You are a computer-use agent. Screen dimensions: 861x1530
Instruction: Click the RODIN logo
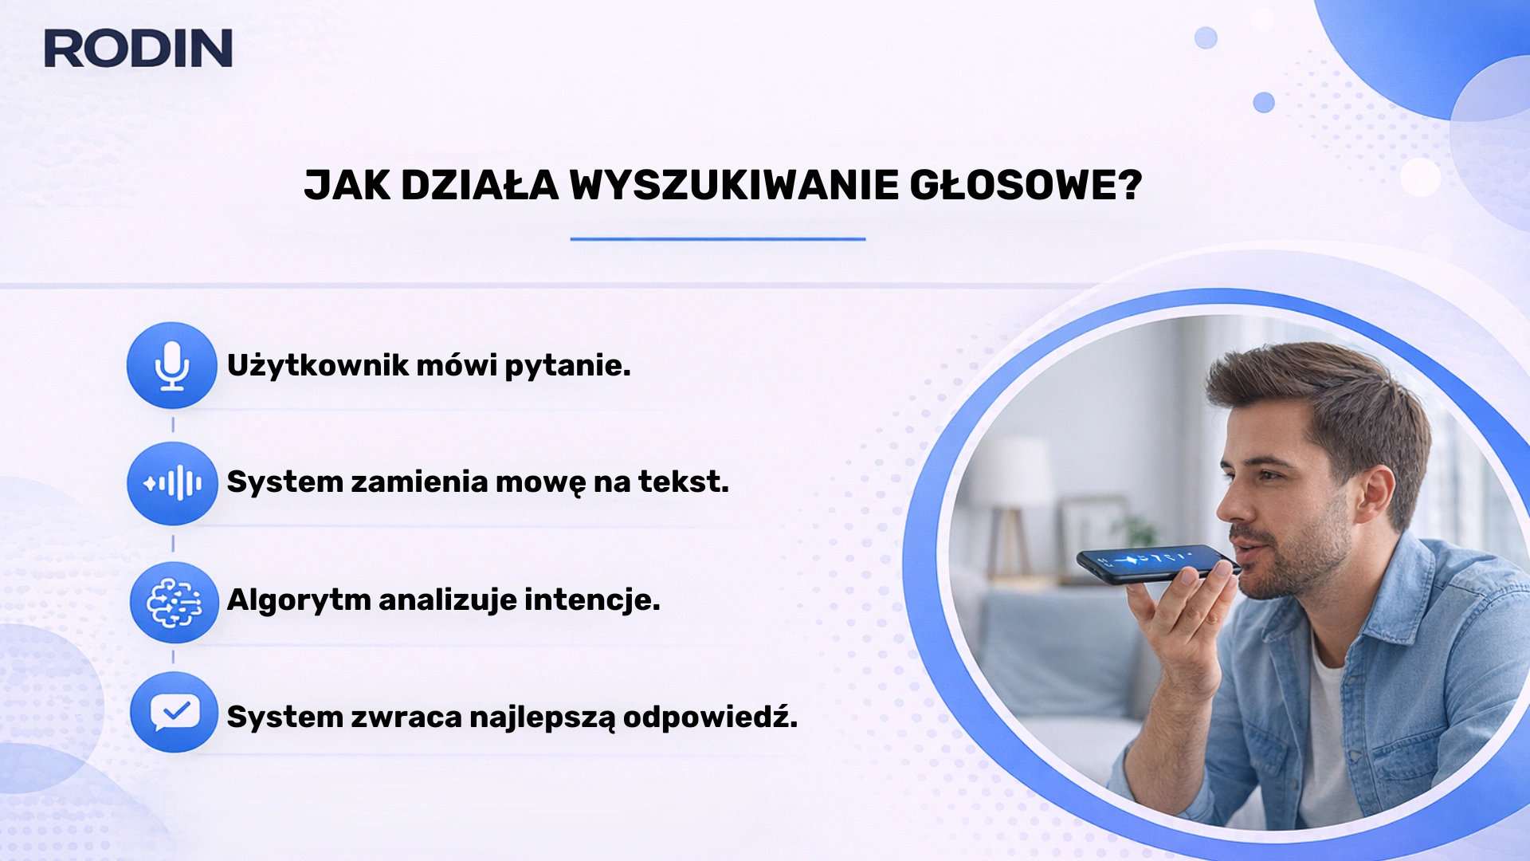pos(138,48)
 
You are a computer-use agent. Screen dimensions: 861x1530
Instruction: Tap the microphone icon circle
pos(171,365)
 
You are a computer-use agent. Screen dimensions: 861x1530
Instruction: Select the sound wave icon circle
pos(172,483)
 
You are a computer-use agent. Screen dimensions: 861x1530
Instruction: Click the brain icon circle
pos(174,603)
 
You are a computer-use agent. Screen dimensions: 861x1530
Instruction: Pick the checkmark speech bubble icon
pos(174,712)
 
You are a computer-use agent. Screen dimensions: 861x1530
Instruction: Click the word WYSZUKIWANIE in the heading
pos(733,186)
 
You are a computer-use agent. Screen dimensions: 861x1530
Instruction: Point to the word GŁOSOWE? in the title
pos(1026,186)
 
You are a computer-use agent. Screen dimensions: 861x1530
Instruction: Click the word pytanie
pos(567,366)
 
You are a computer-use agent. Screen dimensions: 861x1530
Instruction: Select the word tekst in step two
pos(683,482)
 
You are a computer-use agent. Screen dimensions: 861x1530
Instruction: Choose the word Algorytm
pos(298,600)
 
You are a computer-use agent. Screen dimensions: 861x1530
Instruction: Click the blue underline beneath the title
pos(717,238)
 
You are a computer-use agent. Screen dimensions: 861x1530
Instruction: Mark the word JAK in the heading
pos(347,186)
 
